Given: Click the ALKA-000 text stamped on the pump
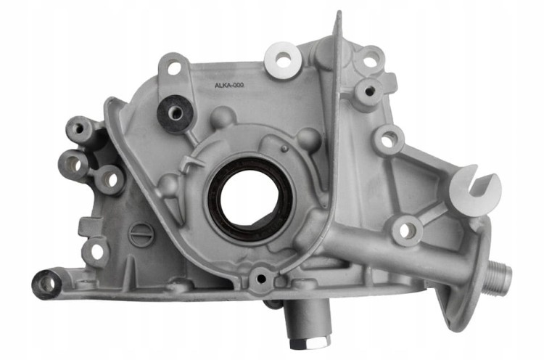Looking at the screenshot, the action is [x=229, y=86].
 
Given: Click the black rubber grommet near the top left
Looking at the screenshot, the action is [x=174, y=113].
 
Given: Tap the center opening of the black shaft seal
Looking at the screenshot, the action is [x=250, y=199].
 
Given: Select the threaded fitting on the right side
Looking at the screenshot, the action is [x=498, y=273].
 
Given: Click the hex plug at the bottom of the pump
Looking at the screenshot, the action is [x=302, y=345].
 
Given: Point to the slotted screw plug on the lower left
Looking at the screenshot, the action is [x=140, y=234].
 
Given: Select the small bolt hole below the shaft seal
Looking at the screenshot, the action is [x=261, y=279].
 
